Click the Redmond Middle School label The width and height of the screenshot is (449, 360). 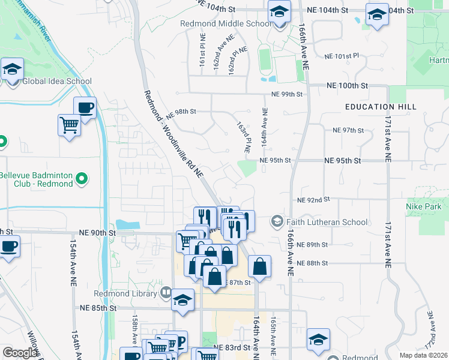(x=226, y=24)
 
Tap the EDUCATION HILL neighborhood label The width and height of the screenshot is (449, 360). (x=381, y=107)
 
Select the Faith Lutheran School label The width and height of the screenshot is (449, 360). (x=327, y=222)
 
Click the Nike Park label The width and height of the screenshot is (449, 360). (x=427, y=207)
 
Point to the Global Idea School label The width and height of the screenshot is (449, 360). (x=57, y=82)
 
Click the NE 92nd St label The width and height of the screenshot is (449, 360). (x=314, y=200)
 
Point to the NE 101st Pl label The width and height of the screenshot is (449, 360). (x=341, y=56)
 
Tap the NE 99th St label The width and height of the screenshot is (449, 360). (x=286, y=94)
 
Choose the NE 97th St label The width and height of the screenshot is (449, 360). (x=348, y=130)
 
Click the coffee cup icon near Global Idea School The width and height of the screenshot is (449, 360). (x=85, y=108)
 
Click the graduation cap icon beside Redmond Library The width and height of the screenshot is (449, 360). (x=183, y=301)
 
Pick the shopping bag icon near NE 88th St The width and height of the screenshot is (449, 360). (x=259, y=266)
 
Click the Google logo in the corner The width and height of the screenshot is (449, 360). (x=20, y=353)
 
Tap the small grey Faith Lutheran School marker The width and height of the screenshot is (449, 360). (x=277, y=222)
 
